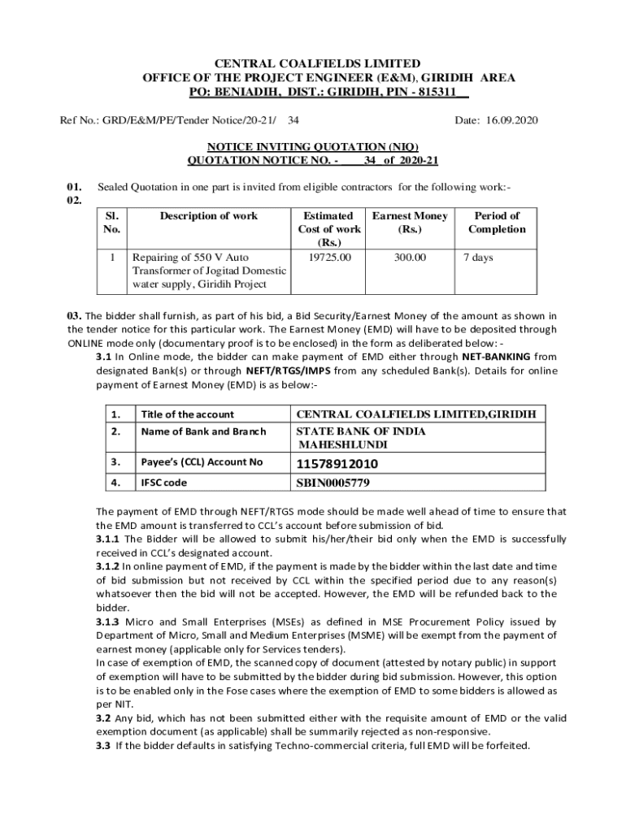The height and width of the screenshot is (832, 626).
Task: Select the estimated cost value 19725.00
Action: click(x=331, y=258)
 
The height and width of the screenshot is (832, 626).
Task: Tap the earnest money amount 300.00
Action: click(x=410, y=258)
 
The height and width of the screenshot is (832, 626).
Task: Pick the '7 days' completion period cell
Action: click(x=478, y=258)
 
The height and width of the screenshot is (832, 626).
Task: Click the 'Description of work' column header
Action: click(x=208, y=216)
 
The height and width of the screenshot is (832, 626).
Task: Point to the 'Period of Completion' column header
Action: click(x=497, y=223)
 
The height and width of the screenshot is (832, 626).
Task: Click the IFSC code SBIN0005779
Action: click(x=333, y=483)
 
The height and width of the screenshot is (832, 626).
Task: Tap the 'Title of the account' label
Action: click(x=187, y=414)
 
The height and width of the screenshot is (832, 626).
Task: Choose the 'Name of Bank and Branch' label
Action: click(x=203, y=431)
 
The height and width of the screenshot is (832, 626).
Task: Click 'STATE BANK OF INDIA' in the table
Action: click(x=361, y=431)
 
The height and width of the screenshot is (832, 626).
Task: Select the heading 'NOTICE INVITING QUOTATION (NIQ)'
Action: click(x=313, y=147)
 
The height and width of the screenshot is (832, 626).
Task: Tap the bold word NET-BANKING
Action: click(x=498, y=356)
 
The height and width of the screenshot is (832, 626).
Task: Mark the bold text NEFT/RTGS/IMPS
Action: click(x=293, y=370)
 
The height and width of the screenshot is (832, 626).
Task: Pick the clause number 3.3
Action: click(x=104, y=745)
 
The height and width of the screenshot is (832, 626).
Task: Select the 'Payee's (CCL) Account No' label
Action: click(x=202, y=462)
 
